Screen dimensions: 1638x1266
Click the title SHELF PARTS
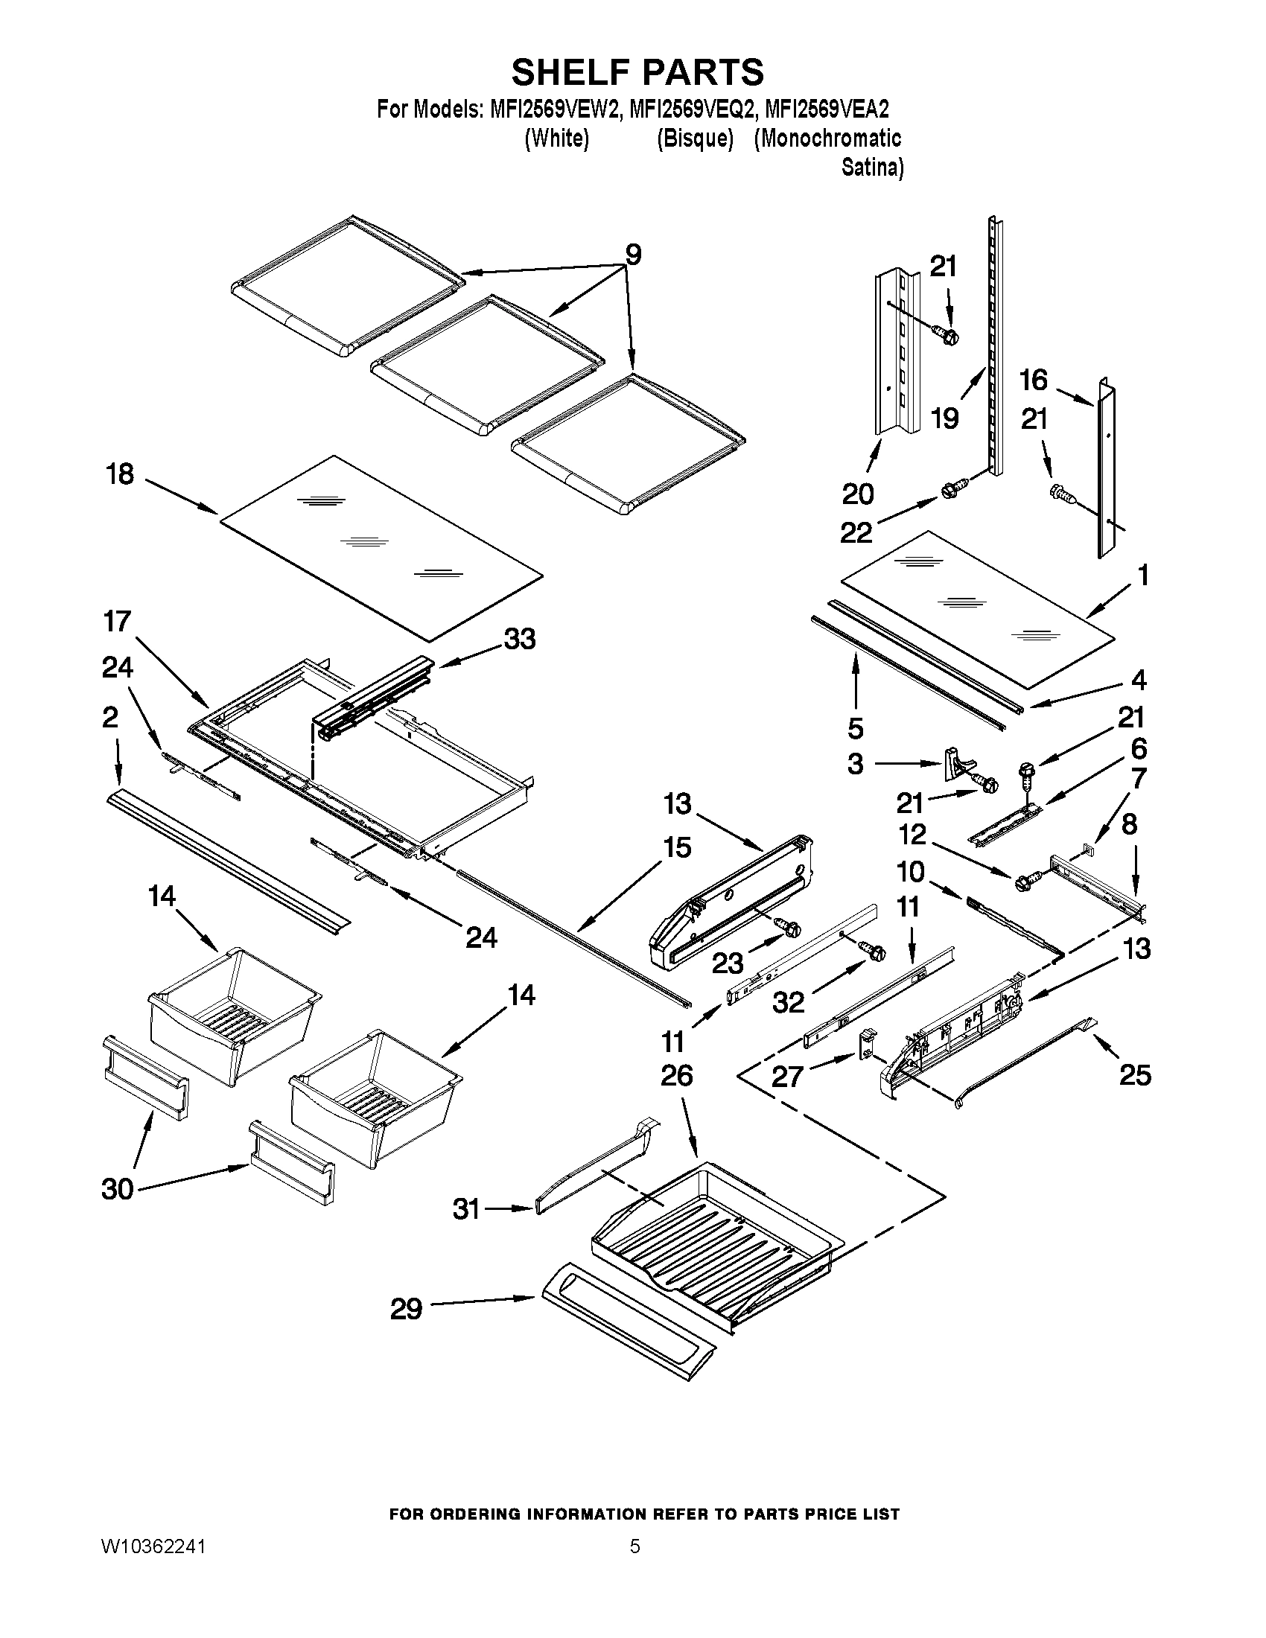pos(637,73)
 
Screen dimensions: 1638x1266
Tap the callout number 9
pos(633,255)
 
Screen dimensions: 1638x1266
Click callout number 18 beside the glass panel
pos(120,474)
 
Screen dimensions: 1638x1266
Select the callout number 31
pos(466,1208)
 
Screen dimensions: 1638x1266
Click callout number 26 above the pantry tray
pos(676,1076)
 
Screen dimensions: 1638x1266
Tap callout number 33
pos(520,640)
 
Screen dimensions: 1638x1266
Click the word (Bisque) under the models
pos(695,138)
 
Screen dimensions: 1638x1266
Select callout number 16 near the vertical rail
pos(1034,380)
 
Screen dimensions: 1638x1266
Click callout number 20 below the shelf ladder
pos(858,494)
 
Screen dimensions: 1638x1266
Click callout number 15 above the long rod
pos(676,847)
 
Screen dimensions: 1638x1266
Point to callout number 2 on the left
pos(109,718)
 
